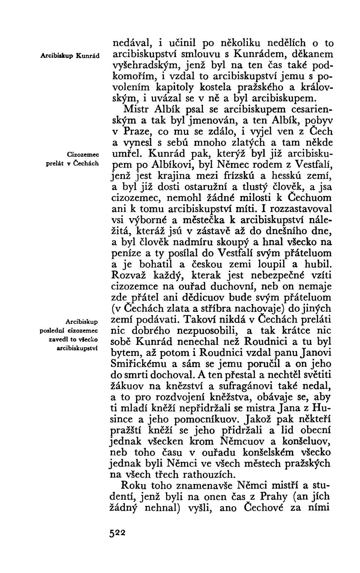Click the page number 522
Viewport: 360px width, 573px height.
click(116, 533)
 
